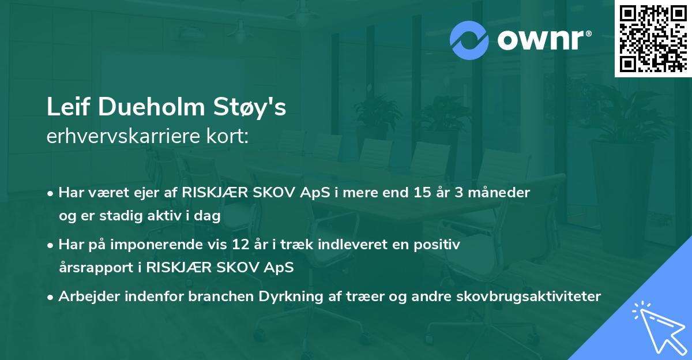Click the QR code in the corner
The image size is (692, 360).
click(x=653, y=38)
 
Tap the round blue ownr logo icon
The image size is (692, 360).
click(x=469, y=40)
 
